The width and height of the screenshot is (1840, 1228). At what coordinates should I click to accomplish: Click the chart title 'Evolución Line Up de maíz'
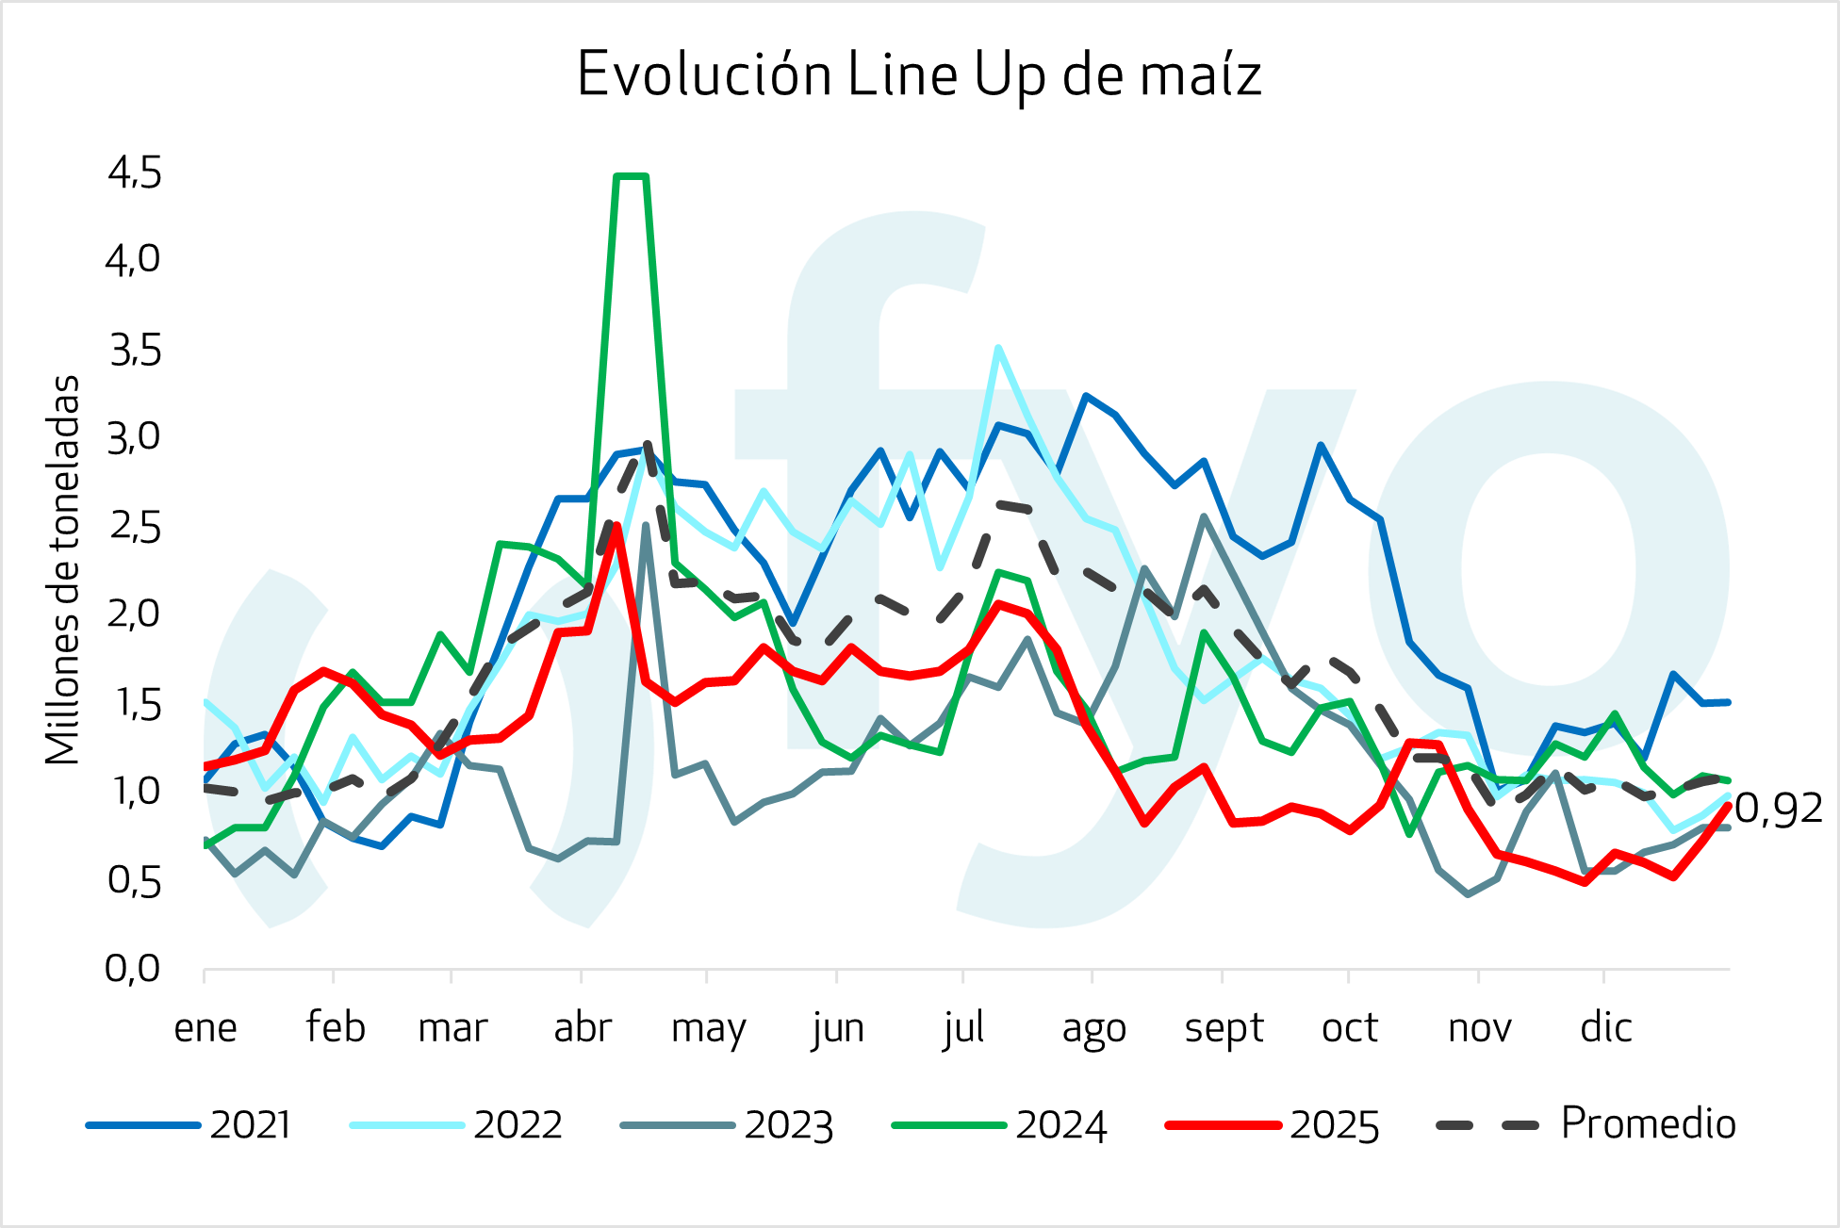(x=919, y=74)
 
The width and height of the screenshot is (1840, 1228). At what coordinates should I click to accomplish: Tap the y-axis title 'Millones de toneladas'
(x=63, y=570)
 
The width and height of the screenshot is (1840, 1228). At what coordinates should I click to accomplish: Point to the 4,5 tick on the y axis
(x=134, y=173)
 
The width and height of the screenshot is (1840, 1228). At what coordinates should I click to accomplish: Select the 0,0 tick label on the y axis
(x=133, y=968)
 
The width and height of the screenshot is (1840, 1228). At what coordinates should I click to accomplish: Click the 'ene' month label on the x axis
(x=205, y=1027)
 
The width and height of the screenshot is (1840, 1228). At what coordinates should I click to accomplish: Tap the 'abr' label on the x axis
(x=583, y=1027)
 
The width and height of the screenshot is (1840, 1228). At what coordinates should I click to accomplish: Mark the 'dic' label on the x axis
(x=1605, y=1027)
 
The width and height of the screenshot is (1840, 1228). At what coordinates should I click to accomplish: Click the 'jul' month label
(x=963, y=1027)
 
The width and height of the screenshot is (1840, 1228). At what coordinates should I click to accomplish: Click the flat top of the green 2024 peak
(x=631, y=176)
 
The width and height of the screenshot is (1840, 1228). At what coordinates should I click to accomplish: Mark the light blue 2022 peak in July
(x=998, y=348)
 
